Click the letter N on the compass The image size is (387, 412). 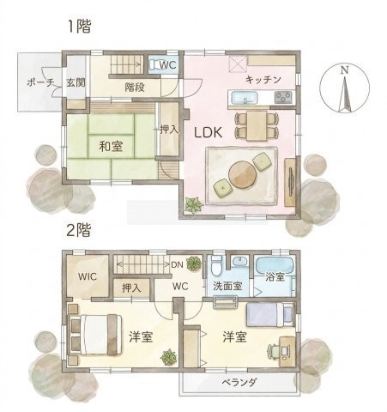pyautogui.click(x=345, y=70)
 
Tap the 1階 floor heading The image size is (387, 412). pyautogui.click(x=80, y=27)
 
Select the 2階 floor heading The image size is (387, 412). pyautogui.click(x=78, y=230)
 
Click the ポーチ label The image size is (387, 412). pyautogui.click(x=40, y=83)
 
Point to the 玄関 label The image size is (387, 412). pyautogui.click(x=76, y=82)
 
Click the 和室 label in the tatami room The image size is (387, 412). pyautogui.click(x=111, y=146)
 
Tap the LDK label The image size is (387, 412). pyautogui.click(x=208, y=133)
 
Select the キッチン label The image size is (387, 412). pyautogui.click(x=263, y=80)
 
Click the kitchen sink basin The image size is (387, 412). pyautogui.click(x=244, y=98)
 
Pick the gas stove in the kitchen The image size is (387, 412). pyautogui.click(x=283, y=97)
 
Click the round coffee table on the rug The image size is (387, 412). pyautogui.click(x=242, y=174)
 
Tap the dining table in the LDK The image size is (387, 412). pyautogui.click(x=257, y=125)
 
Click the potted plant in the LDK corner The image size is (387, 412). pyautogui.click(x=194, y=204)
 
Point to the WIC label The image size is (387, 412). pyautogui.click(x=88, y=276)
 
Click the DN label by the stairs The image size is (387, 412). pyautogui.click(x=177, y=264)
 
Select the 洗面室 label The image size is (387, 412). pyautogui.click(x=228, y=286)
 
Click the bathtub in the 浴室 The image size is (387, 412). pyautogui.click(x=275, y=265)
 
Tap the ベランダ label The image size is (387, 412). pyautogui.click(x=239, y=382)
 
